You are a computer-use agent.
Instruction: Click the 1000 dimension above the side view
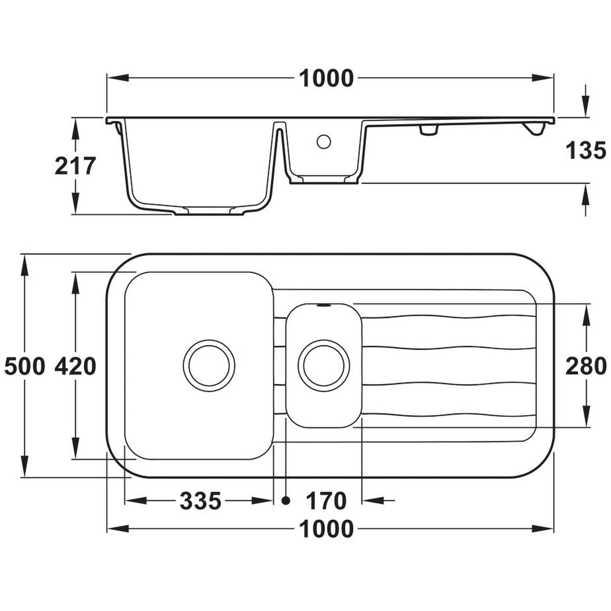point(327,79)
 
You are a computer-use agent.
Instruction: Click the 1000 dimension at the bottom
point(327,529)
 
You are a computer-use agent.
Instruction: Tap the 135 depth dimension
point(586,150)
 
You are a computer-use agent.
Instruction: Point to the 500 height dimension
point(24,366)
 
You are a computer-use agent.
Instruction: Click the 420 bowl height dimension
point(74,366)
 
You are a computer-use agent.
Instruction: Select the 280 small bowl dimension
point(586,366)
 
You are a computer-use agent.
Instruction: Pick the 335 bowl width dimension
point(200,501)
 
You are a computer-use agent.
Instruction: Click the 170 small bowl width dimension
point(326,501)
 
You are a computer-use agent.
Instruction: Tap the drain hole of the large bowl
point(209,366)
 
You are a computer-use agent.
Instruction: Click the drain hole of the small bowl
point(324,366)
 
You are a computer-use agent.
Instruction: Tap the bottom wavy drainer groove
point(448,414)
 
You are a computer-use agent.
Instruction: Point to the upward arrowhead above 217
point(75,129)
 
